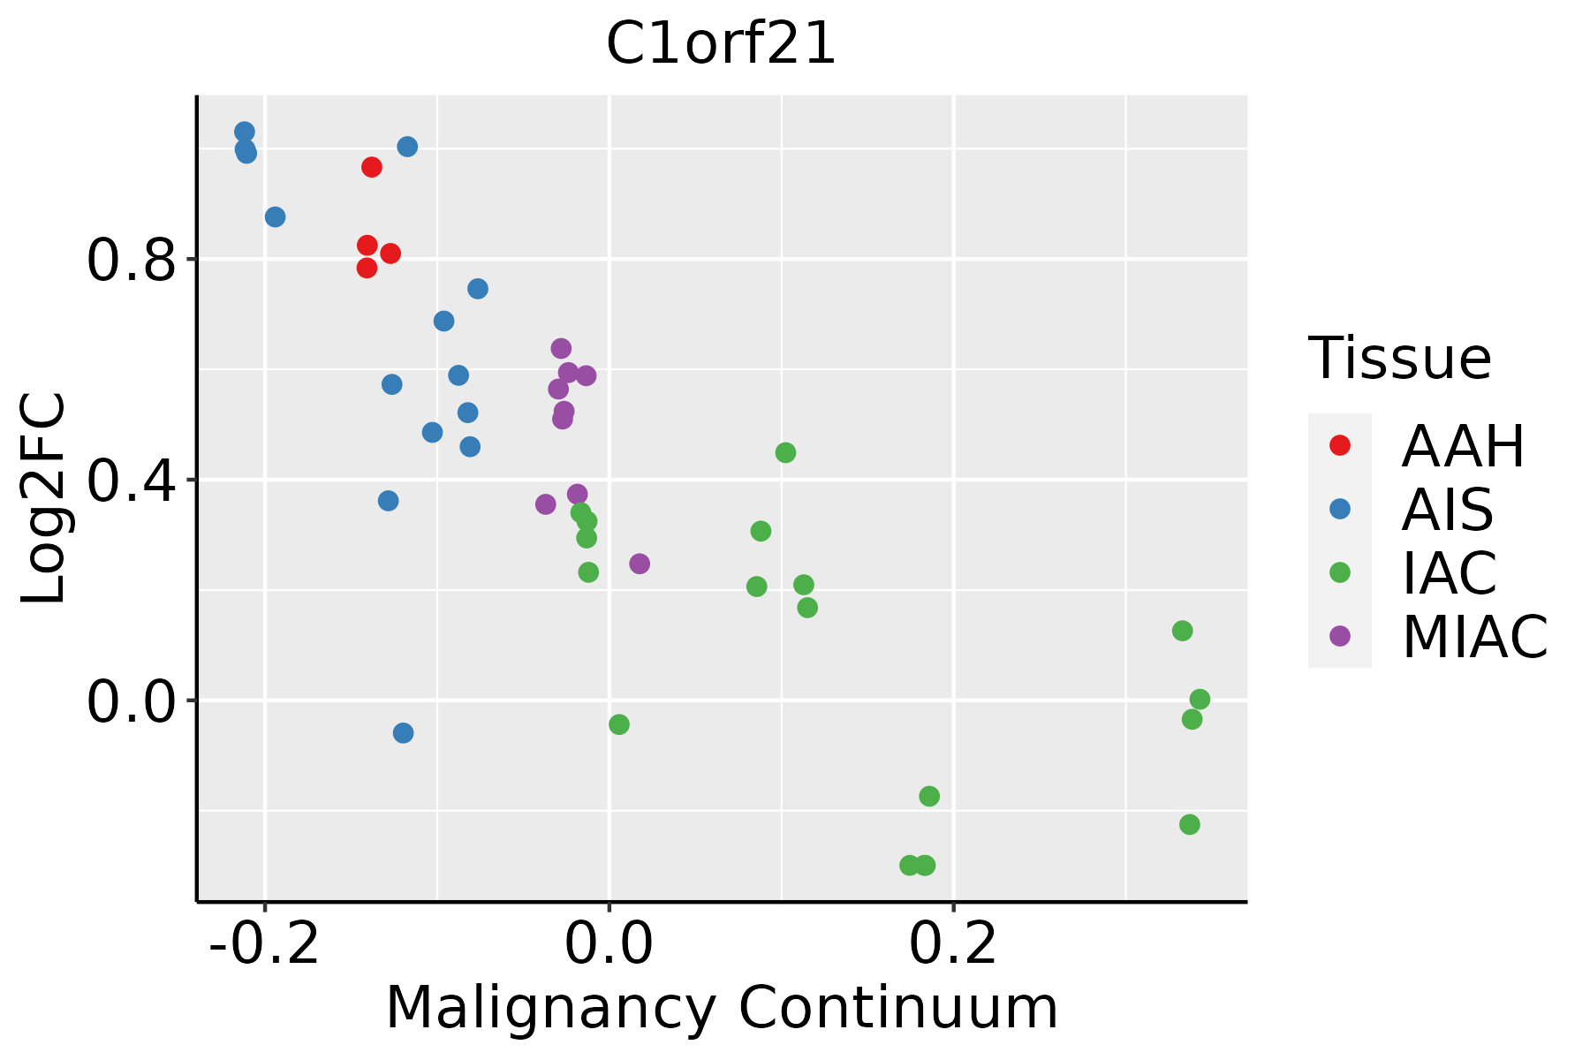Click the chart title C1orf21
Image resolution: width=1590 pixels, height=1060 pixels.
(721, 45)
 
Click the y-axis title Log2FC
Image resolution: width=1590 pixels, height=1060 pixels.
(44, 498)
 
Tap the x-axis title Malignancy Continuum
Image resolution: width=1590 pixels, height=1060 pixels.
(722, 1008)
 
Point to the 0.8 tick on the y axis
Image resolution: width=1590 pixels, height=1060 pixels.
(132, 260)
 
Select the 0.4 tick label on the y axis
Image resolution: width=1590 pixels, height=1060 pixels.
(132, 480)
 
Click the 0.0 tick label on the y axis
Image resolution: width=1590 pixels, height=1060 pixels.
(132, 700)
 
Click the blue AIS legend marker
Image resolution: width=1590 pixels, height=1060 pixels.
(1339, 509)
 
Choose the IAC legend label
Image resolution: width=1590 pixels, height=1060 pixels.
(1449, 572)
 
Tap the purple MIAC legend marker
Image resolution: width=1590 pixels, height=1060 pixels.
(1339, 636)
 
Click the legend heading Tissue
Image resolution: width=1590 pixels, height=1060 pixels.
(1400, 359)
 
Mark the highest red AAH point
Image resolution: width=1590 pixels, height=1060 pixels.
(372, 167)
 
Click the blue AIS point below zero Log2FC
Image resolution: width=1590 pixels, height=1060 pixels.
(403, 733)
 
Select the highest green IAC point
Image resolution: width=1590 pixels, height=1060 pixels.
(785, 453)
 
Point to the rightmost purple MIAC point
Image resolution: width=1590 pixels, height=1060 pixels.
(640, 564)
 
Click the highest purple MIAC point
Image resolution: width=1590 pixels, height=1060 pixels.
(561, 349)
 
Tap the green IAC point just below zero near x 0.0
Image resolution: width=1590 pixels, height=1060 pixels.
(619, 724)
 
